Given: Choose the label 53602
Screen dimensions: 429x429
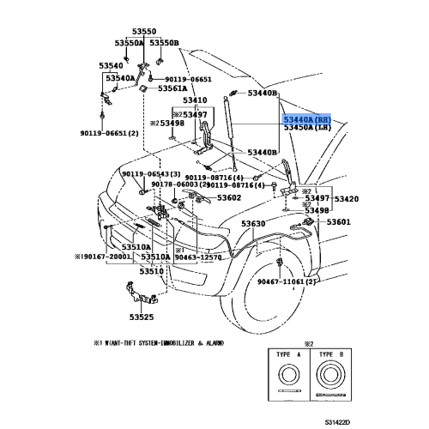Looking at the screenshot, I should click(x=228, y=197).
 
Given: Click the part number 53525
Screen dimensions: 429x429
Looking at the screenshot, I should click(x=142, y=317).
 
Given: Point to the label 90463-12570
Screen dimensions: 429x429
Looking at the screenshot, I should click(x=199, y=257).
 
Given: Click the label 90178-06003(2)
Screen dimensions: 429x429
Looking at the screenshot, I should click(x=180, y=184).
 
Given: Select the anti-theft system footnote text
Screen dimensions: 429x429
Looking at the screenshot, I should click(x=164, y=342).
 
